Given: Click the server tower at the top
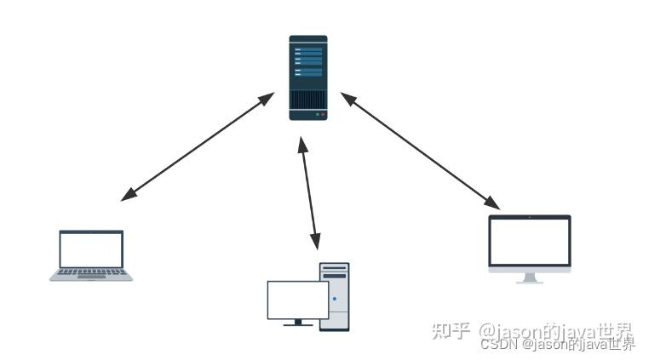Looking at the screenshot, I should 307,77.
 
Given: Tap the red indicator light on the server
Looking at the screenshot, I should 323,113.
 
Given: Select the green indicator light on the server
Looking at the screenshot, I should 317,113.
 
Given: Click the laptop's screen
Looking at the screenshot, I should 91,249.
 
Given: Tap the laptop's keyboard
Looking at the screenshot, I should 91,273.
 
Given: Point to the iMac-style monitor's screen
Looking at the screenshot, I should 529,242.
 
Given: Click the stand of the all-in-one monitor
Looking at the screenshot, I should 529,278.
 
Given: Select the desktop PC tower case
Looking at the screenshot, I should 335,296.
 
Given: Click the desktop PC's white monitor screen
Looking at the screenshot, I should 297,300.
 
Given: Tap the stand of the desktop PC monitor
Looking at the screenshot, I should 297,323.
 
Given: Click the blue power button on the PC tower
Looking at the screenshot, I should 335,299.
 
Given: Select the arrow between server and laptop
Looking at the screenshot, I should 198,146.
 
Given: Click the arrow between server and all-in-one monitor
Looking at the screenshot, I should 420,151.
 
